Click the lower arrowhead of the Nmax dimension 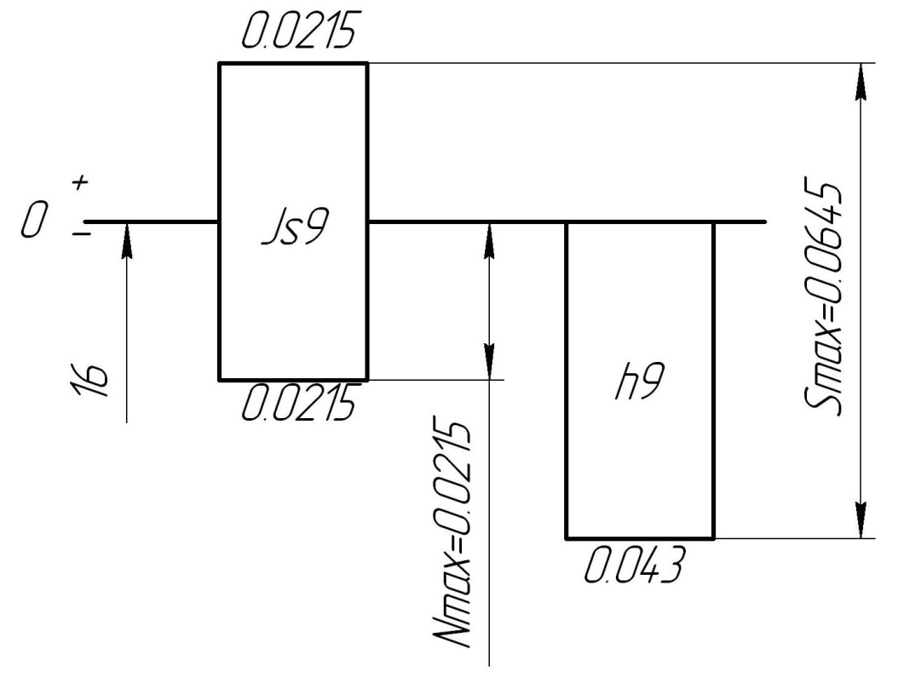pos(490,363)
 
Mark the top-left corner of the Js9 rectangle pos(220,63)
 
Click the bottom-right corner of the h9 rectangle pos(713,538)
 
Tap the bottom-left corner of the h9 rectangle pos(567,538)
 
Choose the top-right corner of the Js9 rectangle pos(367,63)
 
